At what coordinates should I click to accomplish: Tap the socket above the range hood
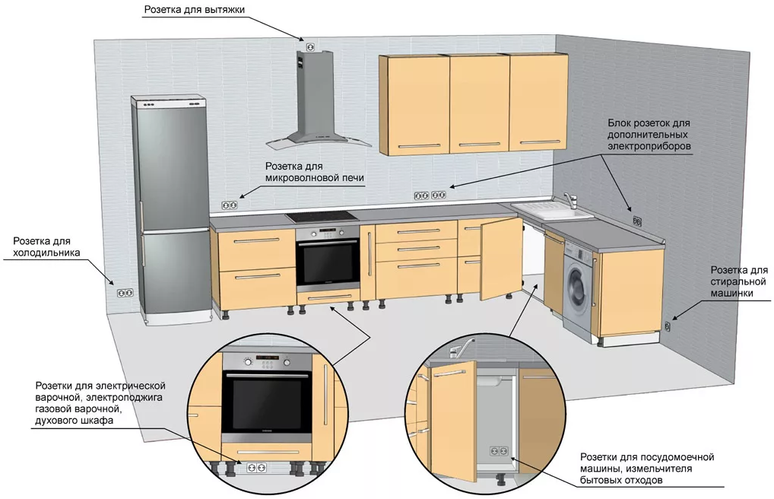(x=309, y=47)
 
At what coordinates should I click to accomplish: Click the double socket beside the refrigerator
(x=125, y=292)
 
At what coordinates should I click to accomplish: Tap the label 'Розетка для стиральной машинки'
(x=738, y=281)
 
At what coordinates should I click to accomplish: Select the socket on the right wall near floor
(x=668, y=326)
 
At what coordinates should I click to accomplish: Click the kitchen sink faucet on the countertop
(x=571, y=200)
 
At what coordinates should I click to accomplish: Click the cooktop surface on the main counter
(x=322, y=216)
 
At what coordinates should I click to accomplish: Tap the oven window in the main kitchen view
(x=328, y=261)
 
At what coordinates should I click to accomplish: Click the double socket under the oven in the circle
(x=255, y=466)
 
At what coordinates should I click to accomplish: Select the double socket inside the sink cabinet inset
(x=500, y=452)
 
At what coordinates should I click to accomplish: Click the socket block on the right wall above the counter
(x=636, y=221)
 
